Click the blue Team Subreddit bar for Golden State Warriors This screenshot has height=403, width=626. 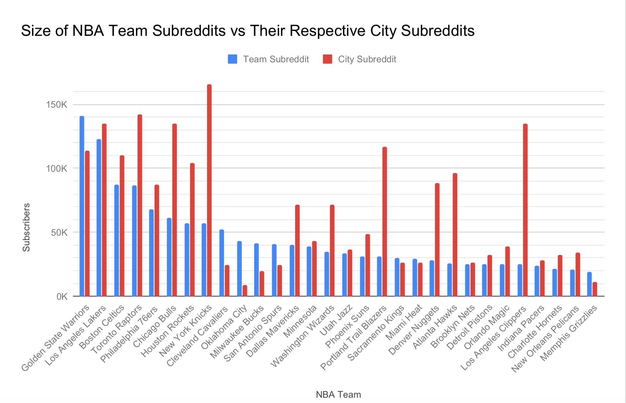(82, 206)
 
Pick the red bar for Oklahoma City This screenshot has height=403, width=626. (245, 291)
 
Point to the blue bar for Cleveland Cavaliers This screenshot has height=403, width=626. (222, 263)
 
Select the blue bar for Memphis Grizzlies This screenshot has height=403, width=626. (589, 284)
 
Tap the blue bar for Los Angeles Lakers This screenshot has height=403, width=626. (99, 218)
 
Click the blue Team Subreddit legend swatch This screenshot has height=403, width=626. (232, 59)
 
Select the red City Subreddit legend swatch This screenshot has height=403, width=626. (327, 59)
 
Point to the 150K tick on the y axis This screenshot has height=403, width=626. (57, 105)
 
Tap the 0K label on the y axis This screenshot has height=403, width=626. (62, 297)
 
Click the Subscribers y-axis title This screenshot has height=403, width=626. (26, 227)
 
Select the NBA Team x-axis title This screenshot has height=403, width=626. (338, 395)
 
